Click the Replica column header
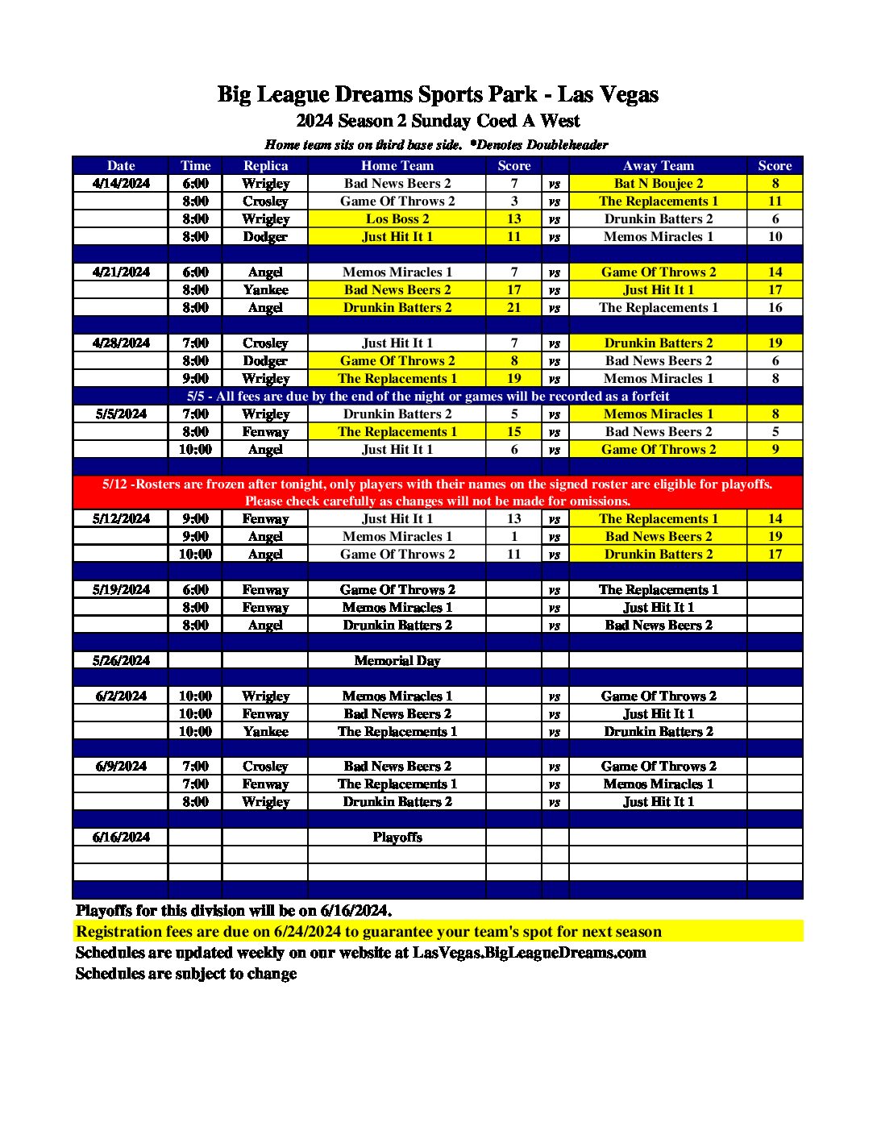[265, 165]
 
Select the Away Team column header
[658, 165]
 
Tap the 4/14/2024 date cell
[121, 183]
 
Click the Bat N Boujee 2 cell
[658, 183]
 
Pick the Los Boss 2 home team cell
[397, 218]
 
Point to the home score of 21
[513, 307]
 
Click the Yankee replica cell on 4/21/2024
[265, 289]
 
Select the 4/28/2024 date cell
[121, 343]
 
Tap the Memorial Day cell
[397, 660]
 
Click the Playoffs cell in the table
[397, 837]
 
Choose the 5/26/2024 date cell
[121, 660]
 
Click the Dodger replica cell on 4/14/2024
[265, 236]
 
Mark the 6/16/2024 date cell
[121, 837]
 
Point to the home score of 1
[513, 536]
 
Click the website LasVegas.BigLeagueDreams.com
[529, 953]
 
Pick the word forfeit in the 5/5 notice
[648, 396]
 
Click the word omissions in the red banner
[599, 501]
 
